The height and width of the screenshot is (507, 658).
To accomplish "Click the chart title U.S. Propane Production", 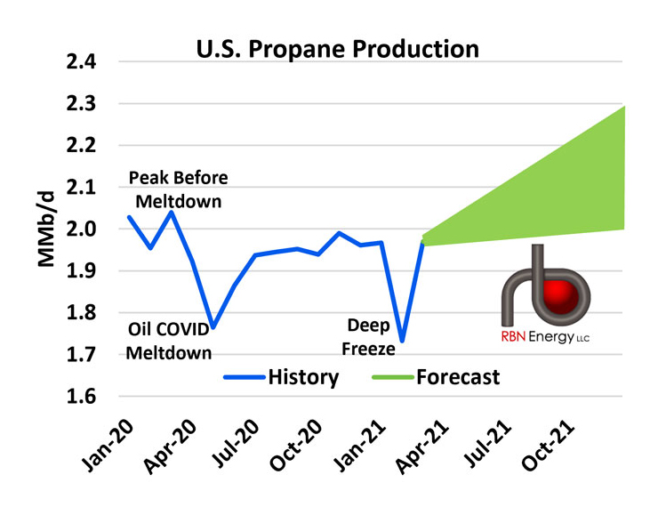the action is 337,49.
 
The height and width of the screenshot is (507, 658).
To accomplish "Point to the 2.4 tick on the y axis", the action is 82,61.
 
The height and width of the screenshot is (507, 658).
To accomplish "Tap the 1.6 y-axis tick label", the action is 82,396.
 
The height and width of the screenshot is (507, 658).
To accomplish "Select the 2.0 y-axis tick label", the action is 82,229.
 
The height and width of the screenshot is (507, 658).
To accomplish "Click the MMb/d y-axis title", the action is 46,229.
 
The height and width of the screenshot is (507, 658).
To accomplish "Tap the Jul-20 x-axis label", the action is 235,444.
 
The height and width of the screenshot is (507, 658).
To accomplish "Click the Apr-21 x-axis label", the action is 422,446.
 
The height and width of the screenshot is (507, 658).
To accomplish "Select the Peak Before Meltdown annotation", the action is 179,189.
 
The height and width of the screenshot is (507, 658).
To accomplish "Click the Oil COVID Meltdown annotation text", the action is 169,341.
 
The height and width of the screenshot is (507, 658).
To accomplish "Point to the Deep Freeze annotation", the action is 368,337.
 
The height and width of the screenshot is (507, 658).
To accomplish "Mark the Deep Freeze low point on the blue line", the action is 402,342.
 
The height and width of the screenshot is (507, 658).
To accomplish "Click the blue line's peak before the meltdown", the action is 172,212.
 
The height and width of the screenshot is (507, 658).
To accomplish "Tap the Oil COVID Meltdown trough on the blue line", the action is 213,327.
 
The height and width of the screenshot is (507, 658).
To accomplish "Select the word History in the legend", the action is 303,377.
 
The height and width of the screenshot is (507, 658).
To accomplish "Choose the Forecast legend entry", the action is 436,377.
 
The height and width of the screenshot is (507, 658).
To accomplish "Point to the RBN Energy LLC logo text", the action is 545,337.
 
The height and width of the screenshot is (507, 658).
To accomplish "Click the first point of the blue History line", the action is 129,217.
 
